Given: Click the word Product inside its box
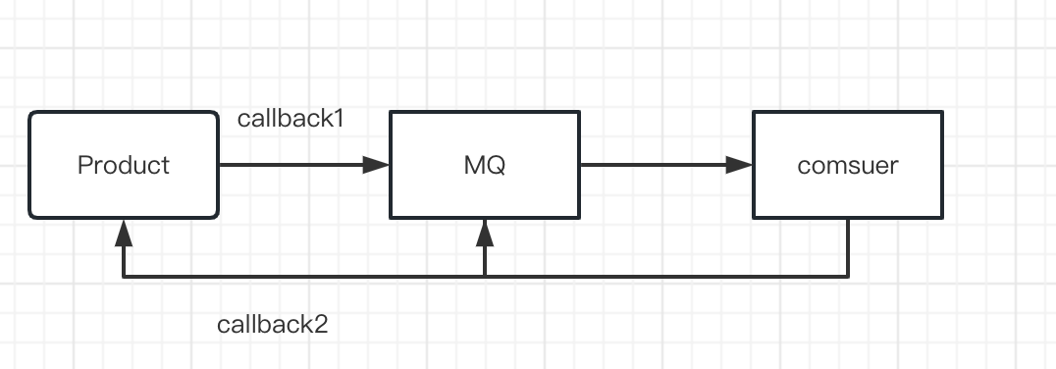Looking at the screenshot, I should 124,165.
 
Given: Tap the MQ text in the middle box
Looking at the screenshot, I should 485,165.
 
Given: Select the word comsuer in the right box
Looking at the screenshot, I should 848,165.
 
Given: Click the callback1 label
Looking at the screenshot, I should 290,120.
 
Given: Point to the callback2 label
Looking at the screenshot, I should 272,325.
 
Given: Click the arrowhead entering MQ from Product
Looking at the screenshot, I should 377,165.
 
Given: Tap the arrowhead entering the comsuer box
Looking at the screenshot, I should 740,165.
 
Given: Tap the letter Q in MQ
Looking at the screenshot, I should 496,165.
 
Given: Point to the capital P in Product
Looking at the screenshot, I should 84,165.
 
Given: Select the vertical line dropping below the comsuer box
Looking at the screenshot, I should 848,247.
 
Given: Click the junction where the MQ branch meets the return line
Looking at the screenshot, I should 485,277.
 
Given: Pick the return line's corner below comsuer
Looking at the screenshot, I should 848,277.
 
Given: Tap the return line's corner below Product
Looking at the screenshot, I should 123,277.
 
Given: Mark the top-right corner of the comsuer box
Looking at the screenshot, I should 941,113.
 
